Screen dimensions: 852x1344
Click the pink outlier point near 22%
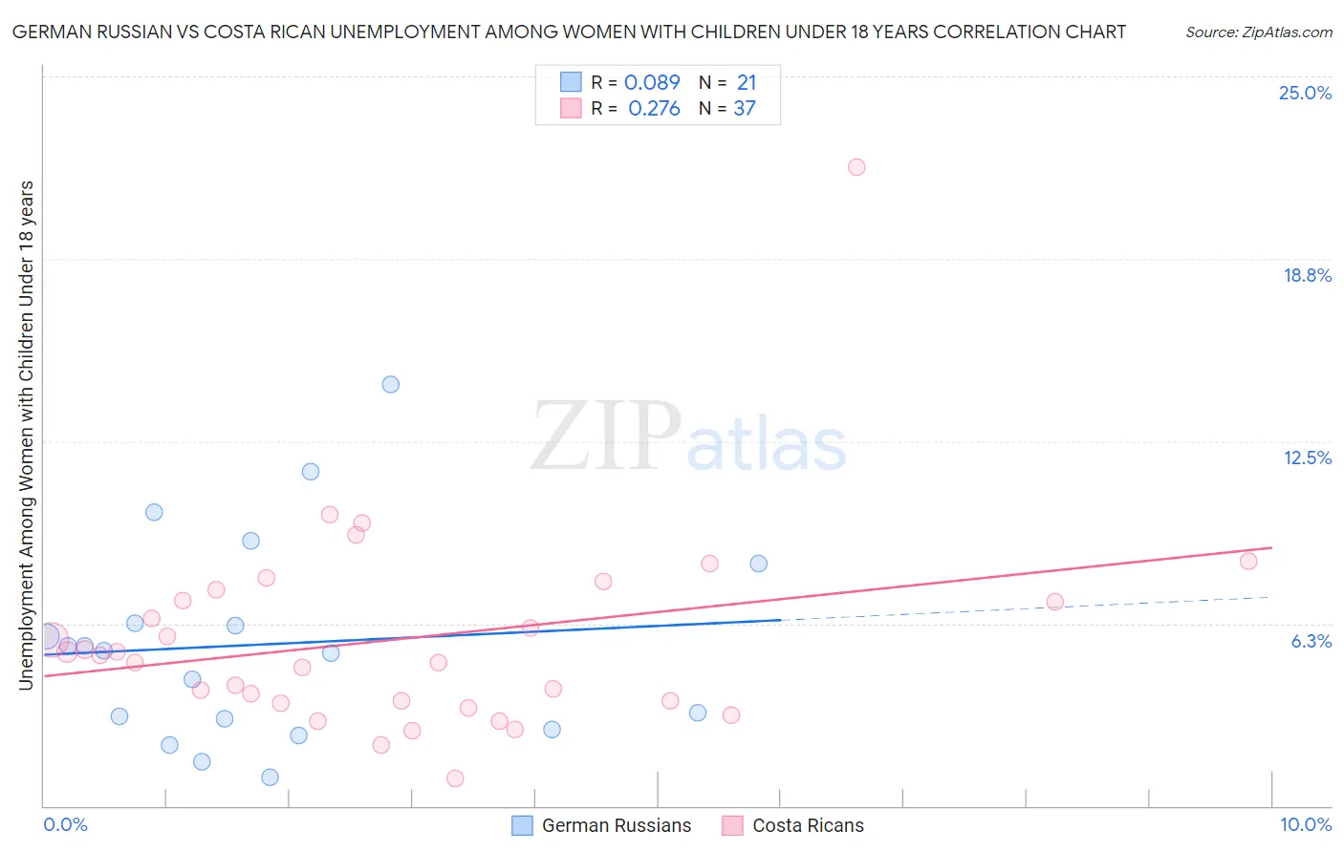856,167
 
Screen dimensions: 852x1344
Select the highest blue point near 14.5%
391,384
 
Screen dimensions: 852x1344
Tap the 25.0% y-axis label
1305,93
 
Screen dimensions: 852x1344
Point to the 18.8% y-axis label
1307,275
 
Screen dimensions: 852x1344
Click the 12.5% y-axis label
1307,458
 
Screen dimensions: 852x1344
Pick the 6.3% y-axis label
1311,641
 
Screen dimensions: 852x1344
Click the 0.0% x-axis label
65,824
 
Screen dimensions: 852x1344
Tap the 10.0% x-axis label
1305,824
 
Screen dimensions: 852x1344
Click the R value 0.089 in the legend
652,82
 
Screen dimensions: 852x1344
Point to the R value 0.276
654,108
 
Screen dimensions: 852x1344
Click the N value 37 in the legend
745,108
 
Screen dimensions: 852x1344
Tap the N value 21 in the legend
747,82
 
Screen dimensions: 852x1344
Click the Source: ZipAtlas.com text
1258,32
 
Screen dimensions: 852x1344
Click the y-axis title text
26,435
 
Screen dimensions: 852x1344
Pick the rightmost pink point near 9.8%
1248,561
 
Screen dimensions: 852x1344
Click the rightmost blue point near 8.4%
759,564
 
